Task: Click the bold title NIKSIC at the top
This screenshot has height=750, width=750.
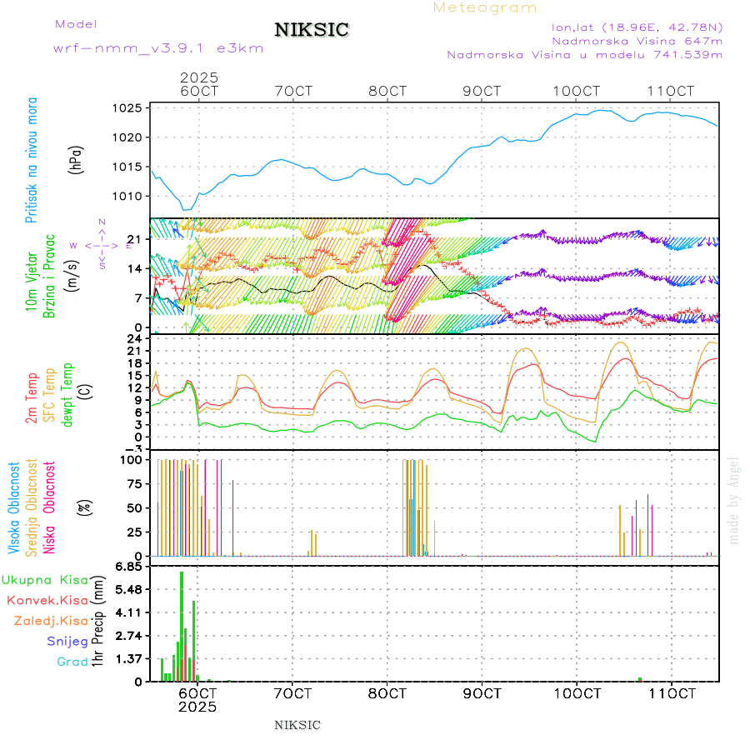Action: (312, 31)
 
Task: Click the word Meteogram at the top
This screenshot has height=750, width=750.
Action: (485, 7)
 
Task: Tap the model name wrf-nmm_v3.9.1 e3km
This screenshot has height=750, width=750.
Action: (158, 48)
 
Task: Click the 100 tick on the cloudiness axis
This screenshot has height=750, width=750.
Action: (133, 460)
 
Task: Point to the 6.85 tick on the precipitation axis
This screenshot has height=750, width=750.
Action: (132, 567)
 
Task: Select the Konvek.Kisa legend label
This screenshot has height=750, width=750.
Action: (47, 600)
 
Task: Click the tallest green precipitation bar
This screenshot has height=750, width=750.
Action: (182, 625)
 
